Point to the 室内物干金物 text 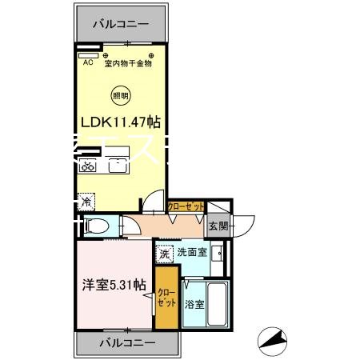[x=127, y=64]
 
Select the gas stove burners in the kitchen [x=88, y=167]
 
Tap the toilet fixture [x=94, y=226]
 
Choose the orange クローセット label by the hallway [x=186, y=206]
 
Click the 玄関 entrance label [x=218, y=226]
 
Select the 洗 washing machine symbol [x=164, y=254]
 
